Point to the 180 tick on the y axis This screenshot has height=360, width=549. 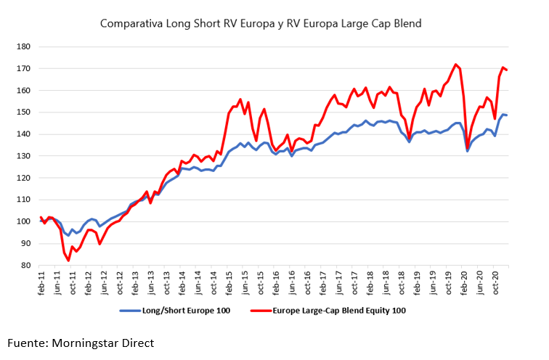coord(25,47)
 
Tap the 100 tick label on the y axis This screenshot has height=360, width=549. coord(25,222)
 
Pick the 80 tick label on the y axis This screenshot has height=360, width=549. coord(27,266)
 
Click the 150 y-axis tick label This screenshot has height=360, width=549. coord(25,112)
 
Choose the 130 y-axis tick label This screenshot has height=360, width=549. coord(25,156)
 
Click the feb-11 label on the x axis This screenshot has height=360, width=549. coord(42,282)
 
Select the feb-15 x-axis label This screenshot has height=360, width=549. coord(227,282)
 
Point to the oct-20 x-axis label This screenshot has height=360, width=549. coord(497,282)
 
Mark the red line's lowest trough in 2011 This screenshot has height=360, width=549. coord(69,261)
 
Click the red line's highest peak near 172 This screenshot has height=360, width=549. coord(455,65)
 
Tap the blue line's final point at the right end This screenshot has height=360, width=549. coord(506,115)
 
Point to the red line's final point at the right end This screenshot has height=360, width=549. coord(506,70)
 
